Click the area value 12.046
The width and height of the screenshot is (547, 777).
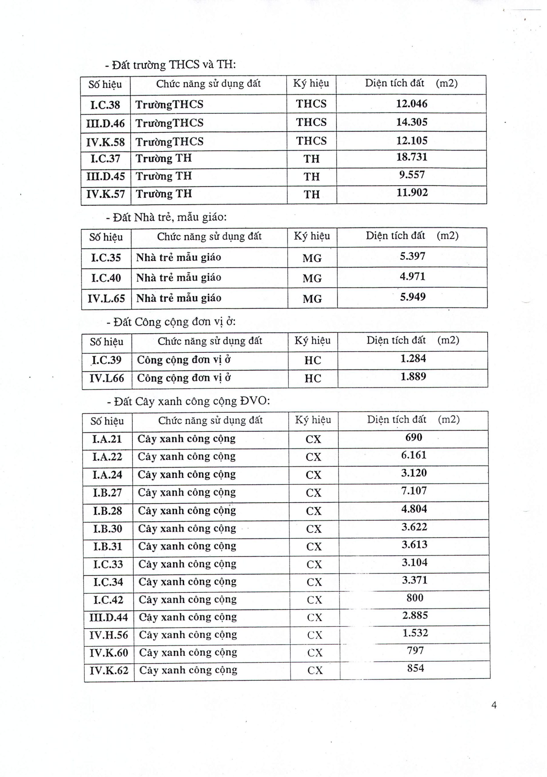tap(411, 103)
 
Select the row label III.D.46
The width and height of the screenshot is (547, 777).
tap(105, 123)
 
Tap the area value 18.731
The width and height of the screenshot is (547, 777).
tap(412, 157)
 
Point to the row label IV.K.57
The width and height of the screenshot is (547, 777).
tap(106, 194)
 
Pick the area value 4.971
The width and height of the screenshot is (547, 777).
tap(412, 277)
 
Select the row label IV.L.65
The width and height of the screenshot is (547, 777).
tap(106, 298)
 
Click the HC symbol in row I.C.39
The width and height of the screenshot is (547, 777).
tap(313, 360)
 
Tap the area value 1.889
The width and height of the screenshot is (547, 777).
tap(413, 376)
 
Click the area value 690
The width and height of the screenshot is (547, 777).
tap(414, 437)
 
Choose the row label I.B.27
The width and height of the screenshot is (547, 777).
tap(107, 492)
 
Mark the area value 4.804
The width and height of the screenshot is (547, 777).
tap(414, 509)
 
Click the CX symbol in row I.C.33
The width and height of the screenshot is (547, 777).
tap(314, 564)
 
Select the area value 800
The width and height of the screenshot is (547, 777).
tap(415, 598)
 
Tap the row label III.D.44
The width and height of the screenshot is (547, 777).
tap(109, 617)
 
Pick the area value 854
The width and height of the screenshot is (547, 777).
tap(415, 668)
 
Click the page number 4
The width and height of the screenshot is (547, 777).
tap(494, 705)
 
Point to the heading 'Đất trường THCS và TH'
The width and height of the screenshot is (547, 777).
tap(170, 64)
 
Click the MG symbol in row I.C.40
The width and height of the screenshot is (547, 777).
tap(312, 278)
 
